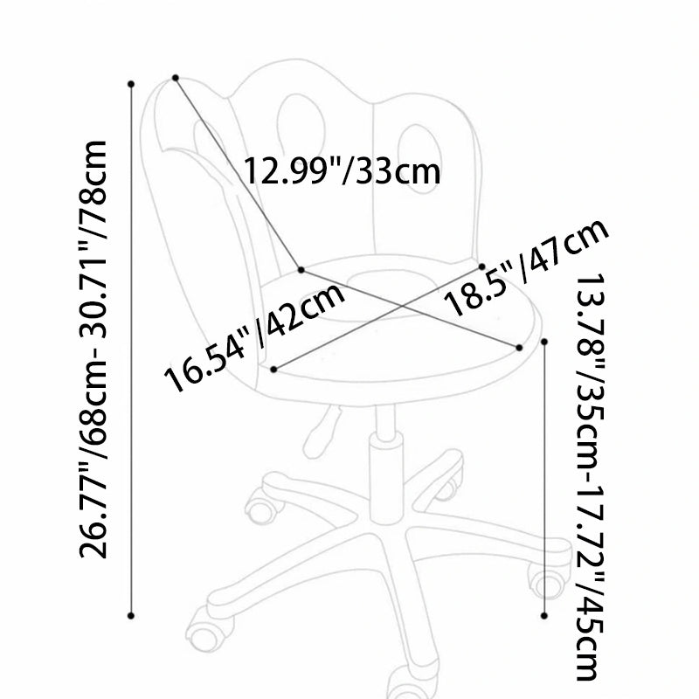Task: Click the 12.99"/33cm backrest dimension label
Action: (x=342, y=170)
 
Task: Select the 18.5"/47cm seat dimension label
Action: (x=527, y=266)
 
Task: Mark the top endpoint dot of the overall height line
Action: (x=131, y=84)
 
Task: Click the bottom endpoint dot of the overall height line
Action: (x=131, y=616)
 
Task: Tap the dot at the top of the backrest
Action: (x=176, y=78)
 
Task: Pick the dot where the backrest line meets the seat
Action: (x=301, y=270)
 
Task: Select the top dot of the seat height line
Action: (x=544, y=342)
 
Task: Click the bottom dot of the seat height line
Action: (x=544, y=616)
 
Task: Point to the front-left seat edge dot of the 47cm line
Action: (x=273, y=369)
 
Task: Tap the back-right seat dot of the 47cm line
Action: (x=482, y=266)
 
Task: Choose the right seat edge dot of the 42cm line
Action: (x=519, y=347)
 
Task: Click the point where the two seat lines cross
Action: (x=403, y=306)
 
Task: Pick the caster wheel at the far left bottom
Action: (x=204, y=633)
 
